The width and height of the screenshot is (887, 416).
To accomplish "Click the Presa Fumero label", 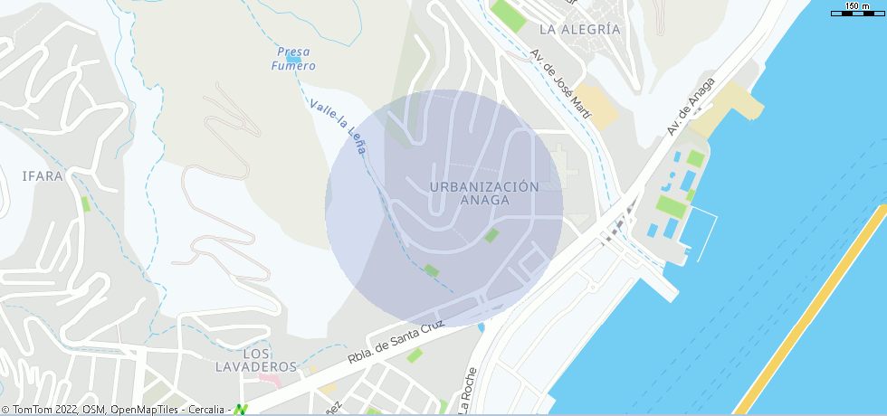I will [296, 59].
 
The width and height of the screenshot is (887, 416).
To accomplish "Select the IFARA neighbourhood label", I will [43, 176].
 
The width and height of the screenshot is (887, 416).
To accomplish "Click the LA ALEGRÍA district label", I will [579, 29].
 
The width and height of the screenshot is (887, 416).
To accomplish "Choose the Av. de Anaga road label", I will [691, 107].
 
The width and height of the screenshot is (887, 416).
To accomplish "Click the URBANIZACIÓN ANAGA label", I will [485, 194].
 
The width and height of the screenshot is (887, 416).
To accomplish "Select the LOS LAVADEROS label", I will [256, 360].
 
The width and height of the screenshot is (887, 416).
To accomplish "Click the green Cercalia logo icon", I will [241, 409].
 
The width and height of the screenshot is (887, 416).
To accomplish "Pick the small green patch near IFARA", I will [86, 203].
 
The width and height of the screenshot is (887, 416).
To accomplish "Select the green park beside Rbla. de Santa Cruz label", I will [415, 355].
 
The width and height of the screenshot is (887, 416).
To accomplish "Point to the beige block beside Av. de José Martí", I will [598, 105].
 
